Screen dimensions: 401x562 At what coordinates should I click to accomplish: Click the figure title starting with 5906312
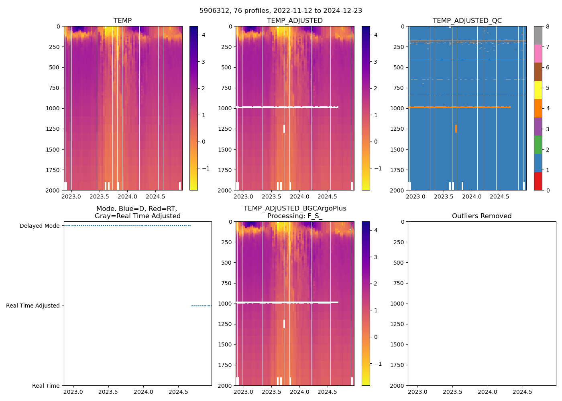tap(281, 11)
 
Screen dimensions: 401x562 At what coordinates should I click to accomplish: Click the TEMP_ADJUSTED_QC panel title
tap(467, 21)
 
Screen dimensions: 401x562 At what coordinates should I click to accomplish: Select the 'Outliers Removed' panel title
tap(481, 216)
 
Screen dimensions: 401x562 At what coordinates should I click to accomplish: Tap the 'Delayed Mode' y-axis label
tap(39, 226)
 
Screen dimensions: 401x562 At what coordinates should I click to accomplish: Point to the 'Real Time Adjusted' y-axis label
tap(33, 306)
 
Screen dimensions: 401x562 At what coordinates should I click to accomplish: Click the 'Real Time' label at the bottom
tap(46, 386)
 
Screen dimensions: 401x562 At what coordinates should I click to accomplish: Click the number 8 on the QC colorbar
tap(548, 27)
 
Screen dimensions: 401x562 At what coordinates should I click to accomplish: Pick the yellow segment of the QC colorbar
tap(538, 90)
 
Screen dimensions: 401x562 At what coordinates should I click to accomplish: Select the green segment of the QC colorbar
tap(538, 145)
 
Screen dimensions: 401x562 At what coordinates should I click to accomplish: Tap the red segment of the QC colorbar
tap(538, 181)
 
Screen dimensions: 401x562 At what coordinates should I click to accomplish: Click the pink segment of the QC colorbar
tap(538, 54)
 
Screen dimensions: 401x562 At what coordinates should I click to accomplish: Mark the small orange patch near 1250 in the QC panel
tap(456, 129)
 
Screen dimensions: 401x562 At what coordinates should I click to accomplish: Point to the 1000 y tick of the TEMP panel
tap(53, 109)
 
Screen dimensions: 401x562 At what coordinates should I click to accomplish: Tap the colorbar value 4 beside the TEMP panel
tap(204, 35)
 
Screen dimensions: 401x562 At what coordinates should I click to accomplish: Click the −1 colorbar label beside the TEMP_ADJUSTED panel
tap(377, 169)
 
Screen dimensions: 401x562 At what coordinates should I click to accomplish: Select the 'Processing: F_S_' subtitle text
tap(295, 216)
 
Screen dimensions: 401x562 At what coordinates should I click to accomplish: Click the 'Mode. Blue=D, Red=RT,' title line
tap(136, 209)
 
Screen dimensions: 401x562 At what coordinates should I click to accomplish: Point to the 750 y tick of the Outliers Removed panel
tap(399, 284)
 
